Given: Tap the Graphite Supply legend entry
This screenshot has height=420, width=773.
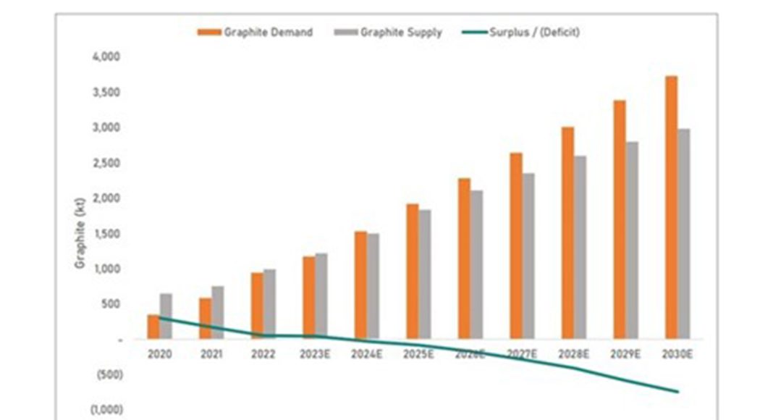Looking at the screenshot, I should [388, 33].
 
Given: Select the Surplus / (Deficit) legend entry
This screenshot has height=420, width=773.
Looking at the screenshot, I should [521, 33].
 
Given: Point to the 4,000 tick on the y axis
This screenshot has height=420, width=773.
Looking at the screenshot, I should [106, 56].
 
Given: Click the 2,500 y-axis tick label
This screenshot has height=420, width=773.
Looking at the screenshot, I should [106, 163].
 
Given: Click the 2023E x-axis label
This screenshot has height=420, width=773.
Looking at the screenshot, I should [314, 355].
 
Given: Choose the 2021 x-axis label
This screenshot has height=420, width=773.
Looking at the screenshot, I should [211, 355].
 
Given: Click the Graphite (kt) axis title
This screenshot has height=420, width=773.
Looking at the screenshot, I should [80, 232].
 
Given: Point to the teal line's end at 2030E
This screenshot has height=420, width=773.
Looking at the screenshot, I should [677, 392].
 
